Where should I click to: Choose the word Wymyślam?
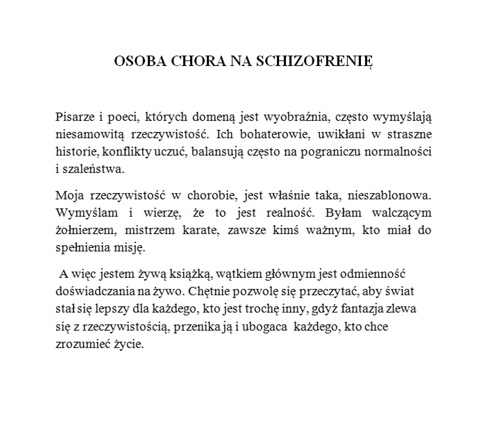pyautogui.click(x=87, y=213)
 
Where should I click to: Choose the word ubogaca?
pyautogui.click(x=264, y=326)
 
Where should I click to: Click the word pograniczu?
pyautogui.click(x=330, y=152)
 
